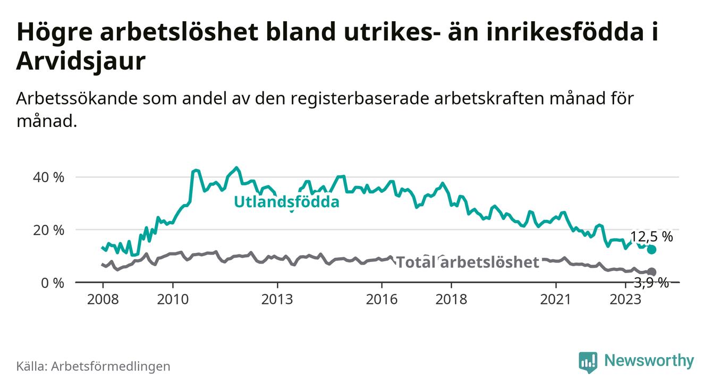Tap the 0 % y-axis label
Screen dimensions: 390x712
[52, 283]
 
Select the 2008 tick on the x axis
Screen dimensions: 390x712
[103, 300]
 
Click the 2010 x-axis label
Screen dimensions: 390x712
[173, 300]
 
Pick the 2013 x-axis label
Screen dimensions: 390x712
[277, 300]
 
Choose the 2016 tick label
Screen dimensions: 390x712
[382, 300]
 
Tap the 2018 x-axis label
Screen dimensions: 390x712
[451, 300]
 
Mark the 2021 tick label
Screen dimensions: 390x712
[556, 300]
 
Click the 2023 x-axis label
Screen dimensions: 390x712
[625, 300]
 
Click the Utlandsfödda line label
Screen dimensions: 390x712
[286, 202]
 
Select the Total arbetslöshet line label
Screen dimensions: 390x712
[468, 262]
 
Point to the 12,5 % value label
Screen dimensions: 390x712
[651, 237]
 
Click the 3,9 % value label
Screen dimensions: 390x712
[651, 283]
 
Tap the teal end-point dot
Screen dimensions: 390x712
[652, 250]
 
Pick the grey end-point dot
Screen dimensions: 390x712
[652, 272]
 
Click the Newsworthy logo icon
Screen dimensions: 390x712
[588, 361]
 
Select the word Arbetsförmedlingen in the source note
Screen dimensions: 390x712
[111, 366]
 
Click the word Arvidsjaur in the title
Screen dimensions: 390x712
[81, 62]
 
